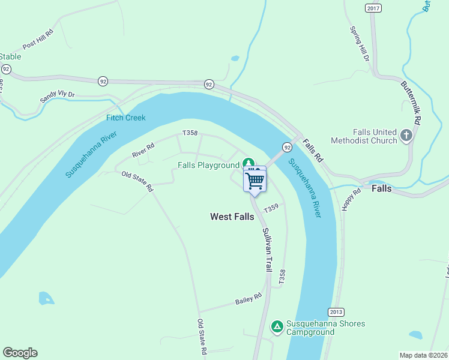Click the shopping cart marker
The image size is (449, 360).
click(x=255, y=180)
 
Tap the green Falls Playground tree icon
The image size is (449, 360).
click(x=248, y=163)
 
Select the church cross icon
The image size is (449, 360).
click(x=406, y=136)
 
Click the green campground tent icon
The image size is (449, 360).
click(x=277, y=326)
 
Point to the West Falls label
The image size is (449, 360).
click(x=233, y=217)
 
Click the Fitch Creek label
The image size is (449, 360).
click(x=126, y=118)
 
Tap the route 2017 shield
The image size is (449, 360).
click(x=373, y=8)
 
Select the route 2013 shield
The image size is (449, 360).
click(x=336, y=312)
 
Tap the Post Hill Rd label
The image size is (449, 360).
click(x=38, y=41)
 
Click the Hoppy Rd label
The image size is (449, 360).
click(x=352, y=200)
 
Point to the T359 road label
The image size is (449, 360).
click(x=271, y=207)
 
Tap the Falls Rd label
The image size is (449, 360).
click(x=313, y=151)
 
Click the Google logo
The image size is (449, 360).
click(x=20, y=353)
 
